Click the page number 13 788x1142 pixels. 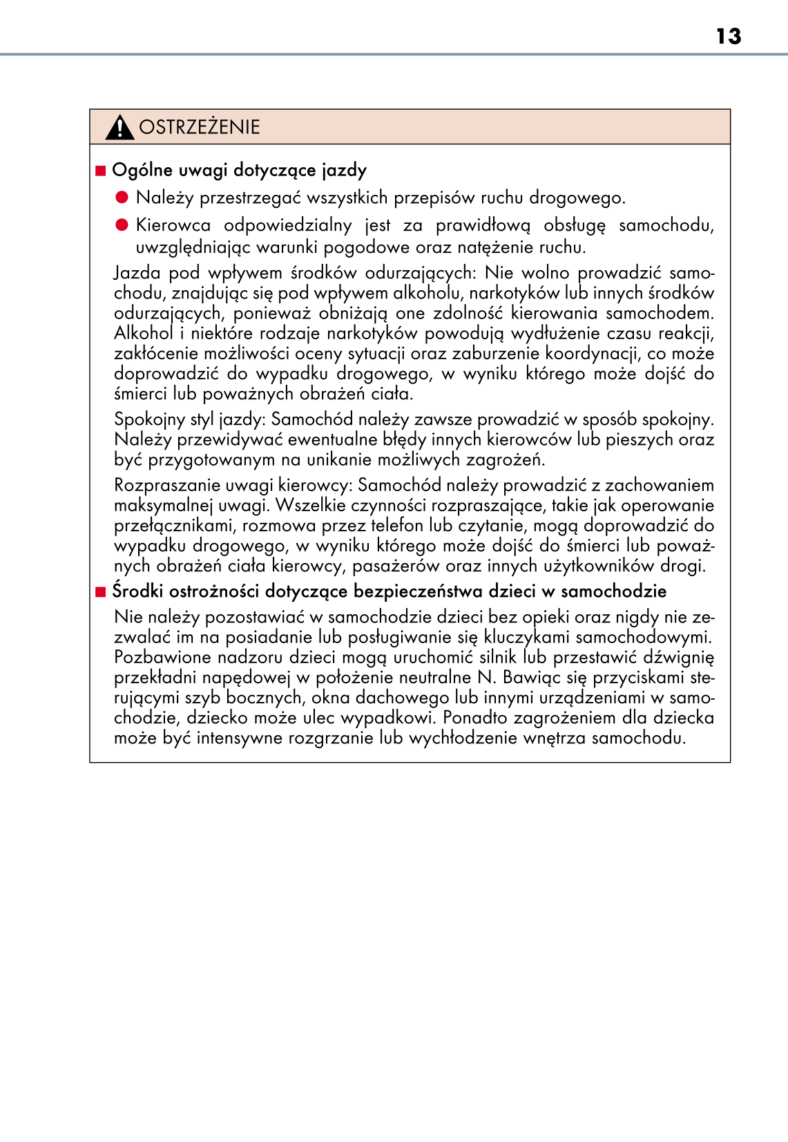(x=729, y=36)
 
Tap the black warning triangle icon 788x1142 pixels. (x=119, y=127)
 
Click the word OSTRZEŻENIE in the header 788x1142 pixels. (x=200, y=127)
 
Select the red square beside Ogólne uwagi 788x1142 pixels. (x=101, y=171)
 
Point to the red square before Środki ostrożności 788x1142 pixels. (x=101, y=592)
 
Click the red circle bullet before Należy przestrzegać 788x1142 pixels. (x=122, y=198)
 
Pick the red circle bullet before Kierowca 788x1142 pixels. (x=122, y=225)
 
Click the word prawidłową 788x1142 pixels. (x=483, y=226)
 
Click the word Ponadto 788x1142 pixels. (x=475, y=718)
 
